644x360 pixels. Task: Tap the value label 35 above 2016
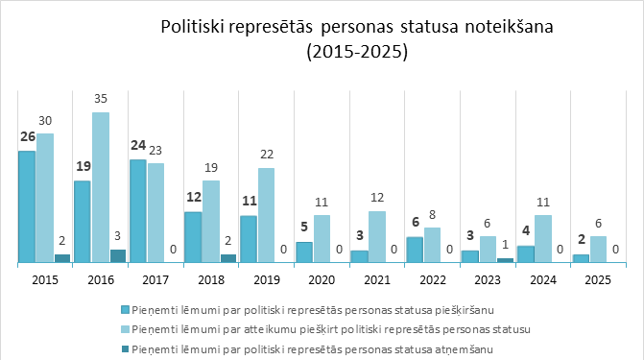pos(101,99)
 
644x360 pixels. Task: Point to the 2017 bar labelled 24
pos(138,210)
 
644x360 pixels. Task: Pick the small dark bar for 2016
pos(118,255)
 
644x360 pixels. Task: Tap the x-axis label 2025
pos(597,279)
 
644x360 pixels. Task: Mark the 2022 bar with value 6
pos(415,249)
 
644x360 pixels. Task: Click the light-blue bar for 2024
pos(542,238)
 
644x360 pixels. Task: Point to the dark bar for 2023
pos(505,259)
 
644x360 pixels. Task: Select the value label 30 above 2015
pos(45,120)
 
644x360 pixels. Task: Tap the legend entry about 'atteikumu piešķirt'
pos(330,329)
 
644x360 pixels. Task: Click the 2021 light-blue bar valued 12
pos(377,236)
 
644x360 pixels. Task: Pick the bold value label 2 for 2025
pos(580,241)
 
